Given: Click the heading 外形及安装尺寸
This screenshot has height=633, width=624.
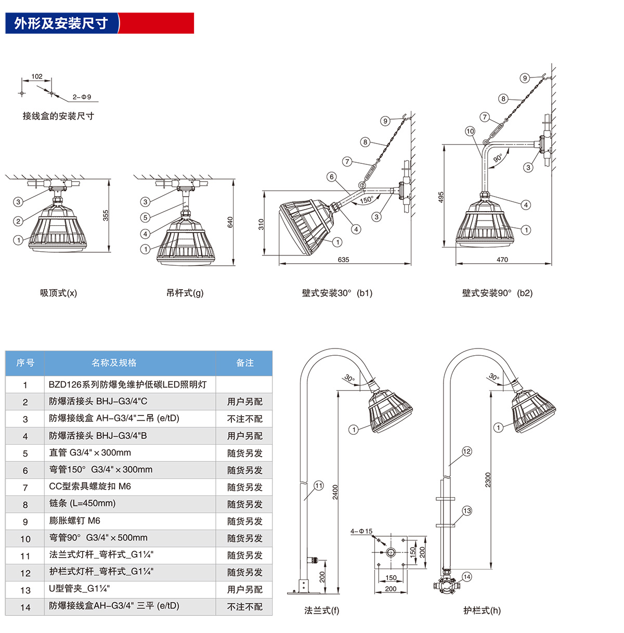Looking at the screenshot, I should [61, 23].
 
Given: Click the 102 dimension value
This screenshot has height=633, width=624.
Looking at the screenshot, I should [37, 76].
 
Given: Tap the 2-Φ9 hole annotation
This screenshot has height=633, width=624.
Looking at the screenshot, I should [82, 97].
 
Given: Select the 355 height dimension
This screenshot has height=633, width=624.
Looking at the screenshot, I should [106, 215].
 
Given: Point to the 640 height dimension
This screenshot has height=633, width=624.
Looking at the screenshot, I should [230, 222].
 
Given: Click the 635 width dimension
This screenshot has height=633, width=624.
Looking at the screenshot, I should [343, 260].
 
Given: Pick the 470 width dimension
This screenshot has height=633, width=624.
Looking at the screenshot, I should [502, 260].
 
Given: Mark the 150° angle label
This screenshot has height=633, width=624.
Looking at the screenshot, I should [366, 200].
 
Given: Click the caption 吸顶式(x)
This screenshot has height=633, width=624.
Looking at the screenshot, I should [59, 293].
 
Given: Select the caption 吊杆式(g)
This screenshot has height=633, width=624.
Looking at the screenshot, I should [185, 293].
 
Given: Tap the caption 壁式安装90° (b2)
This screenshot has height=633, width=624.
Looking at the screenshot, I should [497, 293].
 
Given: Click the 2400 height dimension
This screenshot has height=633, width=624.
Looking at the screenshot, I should [335, 492].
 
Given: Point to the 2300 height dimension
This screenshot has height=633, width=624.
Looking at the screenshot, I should [488, 480].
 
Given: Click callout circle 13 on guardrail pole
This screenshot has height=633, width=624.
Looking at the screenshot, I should [467, 511].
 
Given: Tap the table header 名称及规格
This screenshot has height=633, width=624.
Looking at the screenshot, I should [114, 363].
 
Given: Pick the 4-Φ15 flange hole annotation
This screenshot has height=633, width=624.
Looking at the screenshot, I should [361, 531].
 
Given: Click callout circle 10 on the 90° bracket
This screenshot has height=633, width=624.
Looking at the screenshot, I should [470, 131].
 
